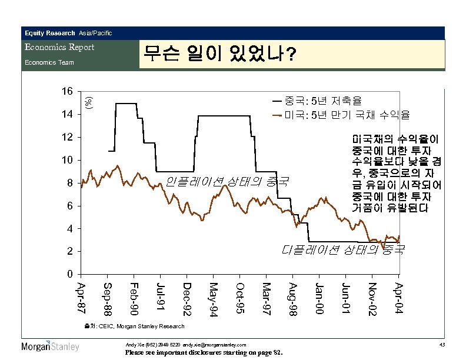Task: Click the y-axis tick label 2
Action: (70, 251)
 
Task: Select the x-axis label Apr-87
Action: (81, 298)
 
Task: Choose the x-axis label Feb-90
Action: (134, 298)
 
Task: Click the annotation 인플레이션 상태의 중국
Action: (227, 181)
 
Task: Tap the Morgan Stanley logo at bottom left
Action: (50, 346)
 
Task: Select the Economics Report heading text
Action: (59, 47)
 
